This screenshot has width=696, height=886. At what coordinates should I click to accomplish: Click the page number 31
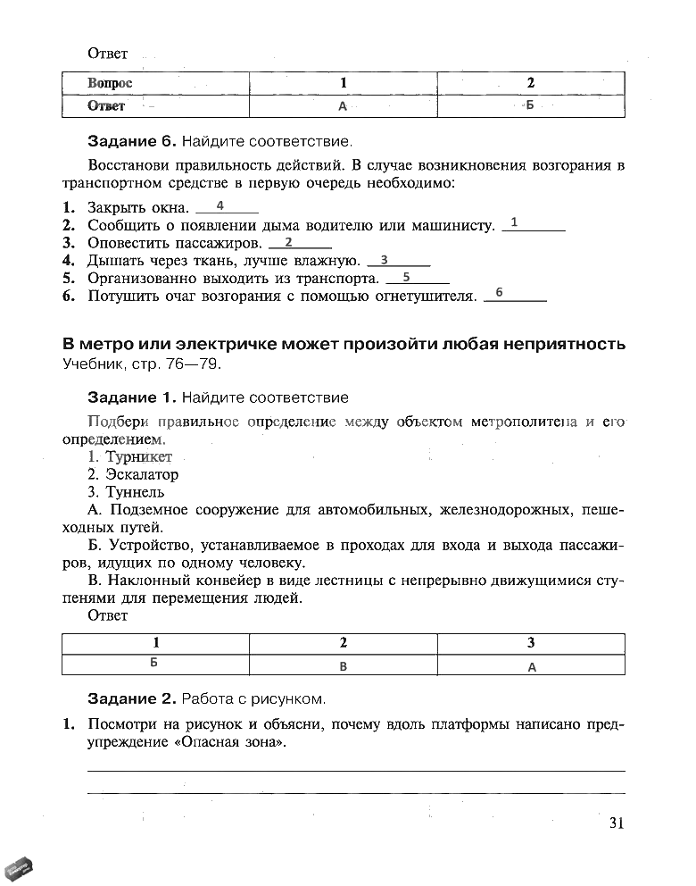point(615,823)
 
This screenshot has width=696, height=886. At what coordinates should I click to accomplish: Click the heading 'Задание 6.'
point(132,141)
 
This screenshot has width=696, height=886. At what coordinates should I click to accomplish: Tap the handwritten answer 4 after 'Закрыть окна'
point(220,205)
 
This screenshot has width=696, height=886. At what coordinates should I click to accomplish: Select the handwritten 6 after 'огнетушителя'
point(499,293)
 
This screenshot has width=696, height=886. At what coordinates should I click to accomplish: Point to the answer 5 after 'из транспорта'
point(406,277)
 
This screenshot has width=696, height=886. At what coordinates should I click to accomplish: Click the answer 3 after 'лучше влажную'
point(384,260)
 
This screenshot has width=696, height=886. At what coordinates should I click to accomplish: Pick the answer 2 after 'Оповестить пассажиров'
point(288,242)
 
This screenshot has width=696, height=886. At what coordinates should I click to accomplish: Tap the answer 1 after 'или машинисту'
point(515,222)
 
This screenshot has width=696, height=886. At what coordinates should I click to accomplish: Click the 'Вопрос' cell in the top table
point(111,83)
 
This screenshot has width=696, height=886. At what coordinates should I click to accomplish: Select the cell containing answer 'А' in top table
point(343,106)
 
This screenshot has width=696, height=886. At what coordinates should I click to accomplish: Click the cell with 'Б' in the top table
point(530,106)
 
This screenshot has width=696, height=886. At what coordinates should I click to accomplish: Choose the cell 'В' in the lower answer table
point(344,665)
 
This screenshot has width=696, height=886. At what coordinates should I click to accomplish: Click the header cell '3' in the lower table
point(531,642)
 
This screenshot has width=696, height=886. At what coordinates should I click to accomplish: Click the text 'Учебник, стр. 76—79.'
point(140,364)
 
